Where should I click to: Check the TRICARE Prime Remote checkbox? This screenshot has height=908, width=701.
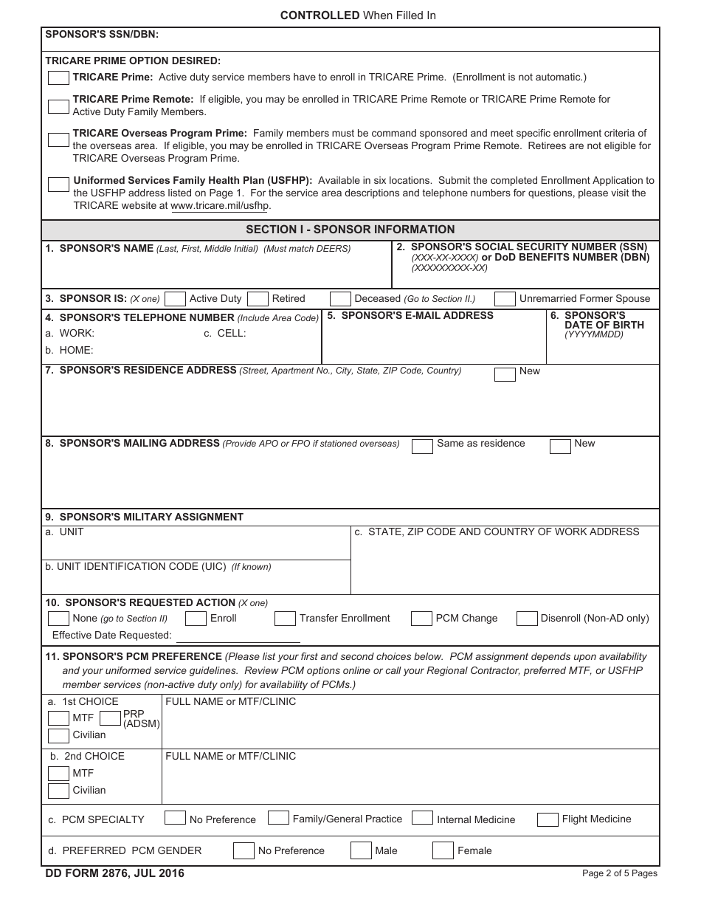click(x=58, y=106)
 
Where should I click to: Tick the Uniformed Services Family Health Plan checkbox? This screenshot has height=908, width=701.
click(x=58, y=185)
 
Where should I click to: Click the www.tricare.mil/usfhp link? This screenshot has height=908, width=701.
click(x=220, y=206)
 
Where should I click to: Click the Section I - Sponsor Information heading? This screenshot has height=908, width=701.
click(x=350, y=230)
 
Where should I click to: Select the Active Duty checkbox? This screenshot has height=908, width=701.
click(x=175, y=299)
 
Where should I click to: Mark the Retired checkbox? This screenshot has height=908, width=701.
click(x=258, y=299)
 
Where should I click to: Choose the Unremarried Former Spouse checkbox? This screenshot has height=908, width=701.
click(x=505, y=299)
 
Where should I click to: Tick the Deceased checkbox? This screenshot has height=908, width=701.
click(x=340, y=299)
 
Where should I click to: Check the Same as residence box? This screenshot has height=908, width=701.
click(x=422, y=446)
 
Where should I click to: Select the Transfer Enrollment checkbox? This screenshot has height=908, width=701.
click(x=285, y=619)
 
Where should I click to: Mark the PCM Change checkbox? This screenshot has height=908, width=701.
click(x=421, y=619)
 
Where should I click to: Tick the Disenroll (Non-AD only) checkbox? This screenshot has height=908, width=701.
click(x=527, y=619)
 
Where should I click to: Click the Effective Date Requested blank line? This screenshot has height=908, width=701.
click(x=238, y=636)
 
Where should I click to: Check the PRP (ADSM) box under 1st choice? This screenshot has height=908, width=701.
click(x=110, y=718)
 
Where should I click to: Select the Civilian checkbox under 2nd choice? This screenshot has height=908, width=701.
click(x=58, y=791)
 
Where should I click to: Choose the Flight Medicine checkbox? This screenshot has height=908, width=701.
click(x=548, y=819)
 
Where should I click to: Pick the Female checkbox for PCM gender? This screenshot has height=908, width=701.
click(x=443, y=850)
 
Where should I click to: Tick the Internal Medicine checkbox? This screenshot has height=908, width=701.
click(x=422, y=818)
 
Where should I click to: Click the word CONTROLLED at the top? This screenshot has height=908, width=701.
click(x=320, y=16)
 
